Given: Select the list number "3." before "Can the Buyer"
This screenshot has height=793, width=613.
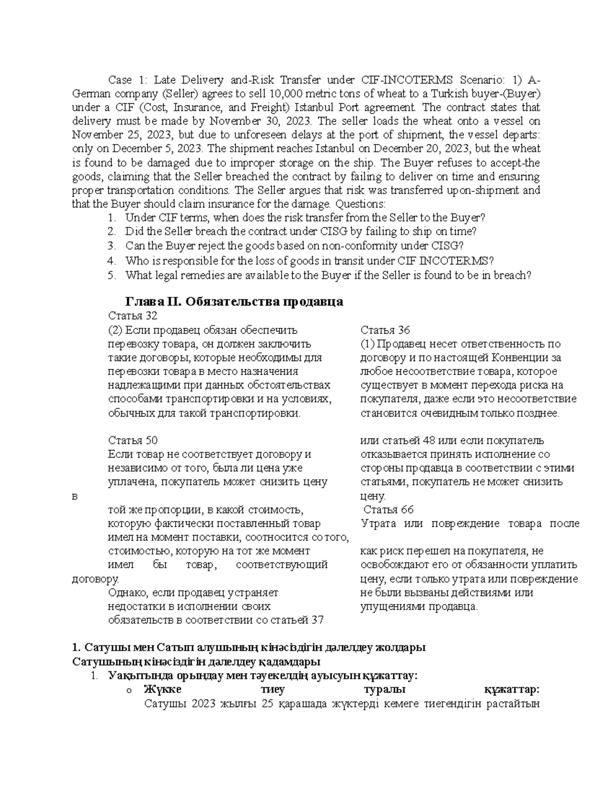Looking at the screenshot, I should coord(112,246).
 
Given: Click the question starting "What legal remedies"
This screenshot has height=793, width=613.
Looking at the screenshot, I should coord(328,275).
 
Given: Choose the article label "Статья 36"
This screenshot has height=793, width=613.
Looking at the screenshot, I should coord(385,330).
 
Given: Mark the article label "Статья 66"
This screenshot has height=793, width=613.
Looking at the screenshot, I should coord(388,510).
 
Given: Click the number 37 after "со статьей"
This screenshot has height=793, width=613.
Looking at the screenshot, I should coord(317,620).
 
